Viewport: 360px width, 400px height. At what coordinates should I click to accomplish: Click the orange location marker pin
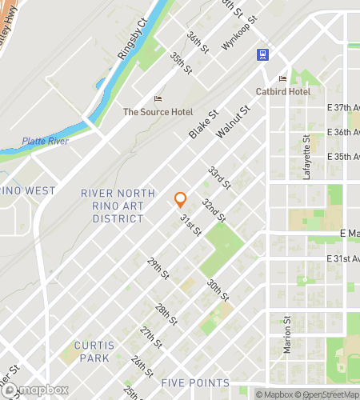180,200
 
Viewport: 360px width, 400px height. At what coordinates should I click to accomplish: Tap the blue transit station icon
262,54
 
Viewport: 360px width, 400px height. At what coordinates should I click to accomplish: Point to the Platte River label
46,141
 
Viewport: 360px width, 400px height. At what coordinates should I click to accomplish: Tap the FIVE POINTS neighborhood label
195,382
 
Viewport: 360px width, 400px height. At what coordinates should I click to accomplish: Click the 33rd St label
218,178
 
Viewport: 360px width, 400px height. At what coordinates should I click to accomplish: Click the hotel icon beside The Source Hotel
158,99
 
